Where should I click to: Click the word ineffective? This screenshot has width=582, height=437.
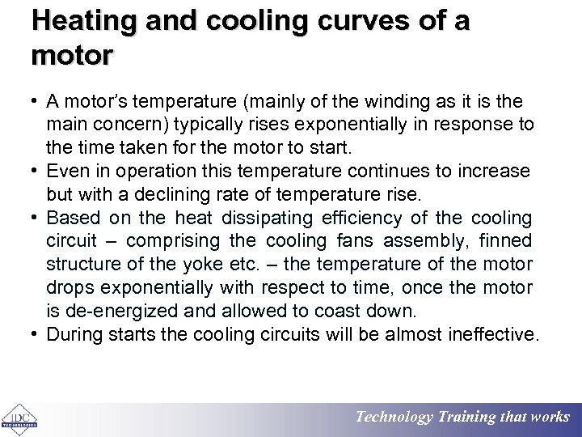(x=491, y=335)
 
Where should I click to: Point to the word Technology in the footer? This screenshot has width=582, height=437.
(x=394, y=418)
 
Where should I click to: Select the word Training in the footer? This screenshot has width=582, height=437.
(x=466, y=418)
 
